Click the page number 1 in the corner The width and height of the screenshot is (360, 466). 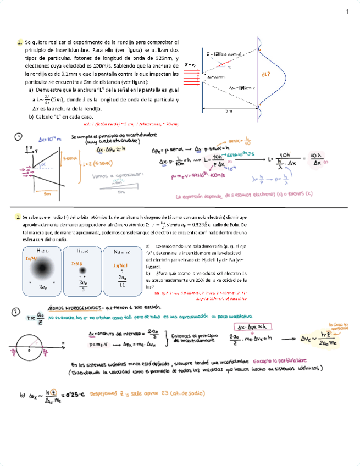pyautogui.click(x=347, y=12)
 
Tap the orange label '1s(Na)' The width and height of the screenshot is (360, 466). pyautogui.click(x=120, y=266)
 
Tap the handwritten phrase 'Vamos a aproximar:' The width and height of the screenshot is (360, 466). pyautogui.click(x=121, y=175)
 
